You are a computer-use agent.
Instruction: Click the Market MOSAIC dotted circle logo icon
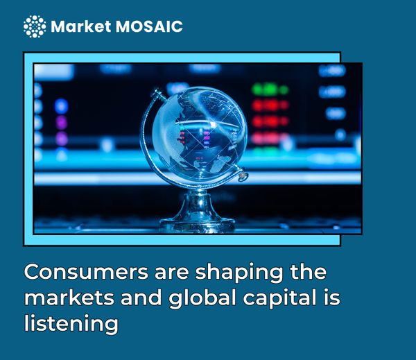tap(34, 26)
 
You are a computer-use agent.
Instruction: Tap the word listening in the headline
tap(71, 325)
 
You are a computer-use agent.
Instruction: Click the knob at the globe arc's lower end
tap(243, 178)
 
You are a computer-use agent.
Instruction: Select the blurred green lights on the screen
tap(269, 89)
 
